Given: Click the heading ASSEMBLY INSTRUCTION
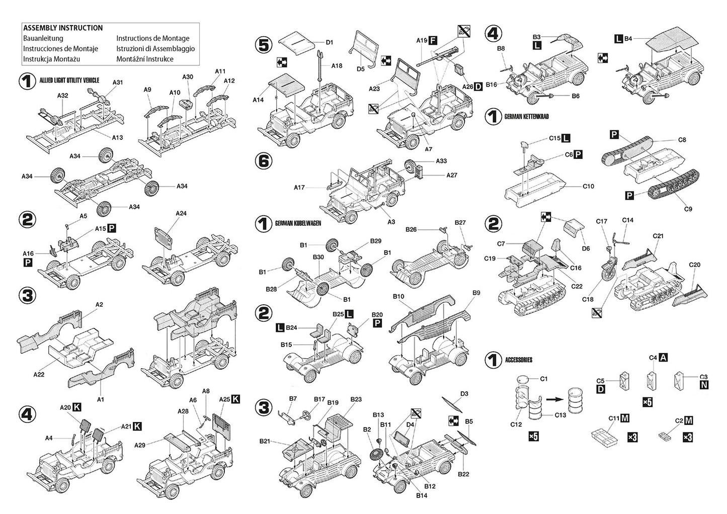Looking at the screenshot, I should click(63, 28).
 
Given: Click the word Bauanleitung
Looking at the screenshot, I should click(43, 38).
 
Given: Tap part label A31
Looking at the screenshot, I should click(117, 82).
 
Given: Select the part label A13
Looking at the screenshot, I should click(117, 137).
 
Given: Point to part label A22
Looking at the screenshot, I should click(39, 374).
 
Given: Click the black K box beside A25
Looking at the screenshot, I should click(235, 399).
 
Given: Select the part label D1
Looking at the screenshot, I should click(329, 43).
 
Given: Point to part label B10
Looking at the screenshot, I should click(398, 297).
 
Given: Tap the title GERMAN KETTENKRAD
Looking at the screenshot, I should click(526, 117).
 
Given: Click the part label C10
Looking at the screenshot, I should click(588, 187).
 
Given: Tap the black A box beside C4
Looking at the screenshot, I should click(664, 358).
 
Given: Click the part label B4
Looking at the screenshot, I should click(628, 38).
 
